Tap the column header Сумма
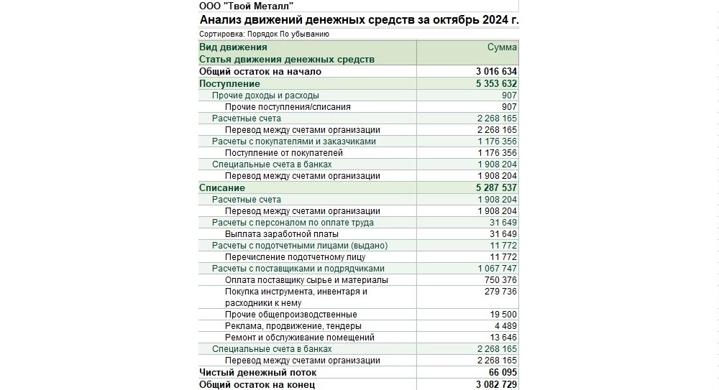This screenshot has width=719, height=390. click(502, 47)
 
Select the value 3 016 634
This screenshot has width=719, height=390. click(496, 72)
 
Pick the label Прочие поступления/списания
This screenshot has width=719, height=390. click(288, 107)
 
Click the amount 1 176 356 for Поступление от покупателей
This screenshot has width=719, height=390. click(497, 153)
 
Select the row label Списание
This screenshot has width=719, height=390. click(221, 188)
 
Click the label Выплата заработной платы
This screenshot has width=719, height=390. click(281, 234)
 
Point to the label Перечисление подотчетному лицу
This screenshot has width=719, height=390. click(295, 257)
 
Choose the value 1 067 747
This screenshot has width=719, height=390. click(497, 269)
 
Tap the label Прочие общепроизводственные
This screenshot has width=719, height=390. click(290, 315)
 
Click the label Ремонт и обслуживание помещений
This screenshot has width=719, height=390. click(299, 338)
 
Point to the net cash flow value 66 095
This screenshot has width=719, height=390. click(503, 373)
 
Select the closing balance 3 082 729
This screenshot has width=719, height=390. click(496, 385)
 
